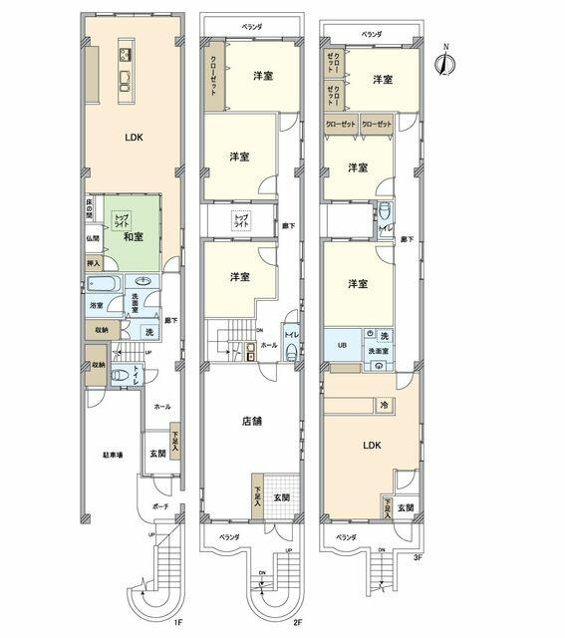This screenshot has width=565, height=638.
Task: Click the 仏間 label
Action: (x=92, y=239)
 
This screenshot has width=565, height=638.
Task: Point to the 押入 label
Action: (x=92, y=264)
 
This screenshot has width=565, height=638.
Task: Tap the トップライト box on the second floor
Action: (x=242, y=216)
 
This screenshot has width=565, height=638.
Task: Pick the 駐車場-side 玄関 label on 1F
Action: (x=156, y=454)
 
